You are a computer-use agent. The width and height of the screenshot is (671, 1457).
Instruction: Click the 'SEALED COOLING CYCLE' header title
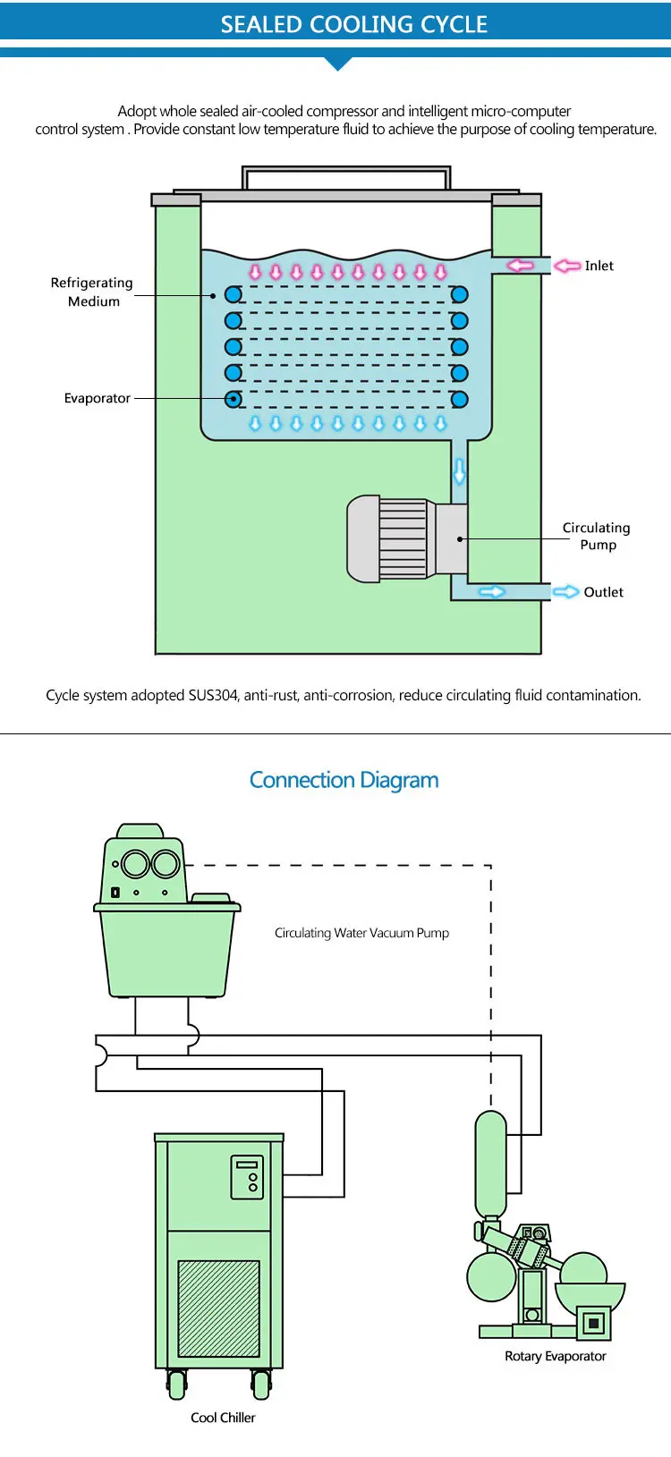click(x=353, y=24)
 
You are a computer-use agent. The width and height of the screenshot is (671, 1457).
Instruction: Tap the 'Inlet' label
click(x=599, y=266)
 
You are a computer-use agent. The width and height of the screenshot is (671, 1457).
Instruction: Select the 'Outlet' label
click(x=603, y=592)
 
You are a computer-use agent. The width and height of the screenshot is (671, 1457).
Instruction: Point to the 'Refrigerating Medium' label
click(x=91, y=292)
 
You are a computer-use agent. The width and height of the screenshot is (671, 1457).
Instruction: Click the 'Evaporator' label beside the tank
click(x=97, y=398)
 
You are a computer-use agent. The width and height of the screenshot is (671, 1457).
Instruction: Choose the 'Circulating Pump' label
click(x=596, y=536)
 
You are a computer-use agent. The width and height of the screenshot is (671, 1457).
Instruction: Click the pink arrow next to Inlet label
click(x=567, y=266)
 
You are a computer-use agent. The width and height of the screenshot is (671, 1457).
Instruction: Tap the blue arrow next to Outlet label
click(x=565, y=592)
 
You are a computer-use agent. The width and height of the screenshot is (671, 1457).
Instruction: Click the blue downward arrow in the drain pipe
click(x=459, y=470)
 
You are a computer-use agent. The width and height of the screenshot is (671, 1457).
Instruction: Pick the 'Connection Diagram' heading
click(x=344, y=780)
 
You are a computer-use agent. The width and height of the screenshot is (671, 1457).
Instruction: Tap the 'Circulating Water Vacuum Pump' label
click(x=361, y=933)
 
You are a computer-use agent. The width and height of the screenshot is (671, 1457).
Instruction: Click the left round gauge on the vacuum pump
click(x=135, y=864)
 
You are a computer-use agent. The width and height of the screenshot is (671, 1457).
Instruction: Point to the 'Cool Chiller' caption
click(x=223, y=1418)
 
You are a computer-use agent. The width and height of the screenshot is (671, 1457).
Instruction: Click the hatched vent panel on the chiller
click(x=218, y=1309)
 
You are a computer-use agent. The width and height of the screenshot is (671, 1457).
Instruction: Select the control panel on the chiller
click(x=248, y=1176)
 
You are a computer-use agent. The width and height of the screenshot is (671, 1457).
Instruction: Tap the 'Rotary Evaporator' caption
click(x=555, y=1356)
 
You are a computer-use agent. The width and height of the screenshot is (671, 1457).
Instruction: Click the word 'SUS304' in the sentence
click(x=214, y=695)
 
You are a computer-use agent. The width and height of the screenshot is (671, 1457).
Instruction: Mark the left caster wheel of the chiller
click(x=176, y=1385)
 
